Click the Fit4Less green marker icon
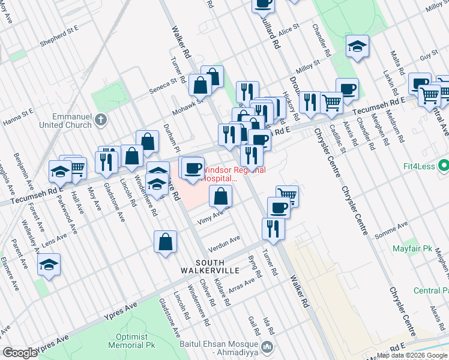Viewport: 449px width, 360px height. coord(443,164)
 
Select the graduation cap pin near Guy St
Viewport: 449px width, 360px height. coord(357,47)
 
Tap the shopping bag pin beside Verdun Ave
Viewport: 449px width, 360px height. coord(165,242)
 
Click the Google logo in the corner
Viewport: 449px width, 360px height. coord(20,353)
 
